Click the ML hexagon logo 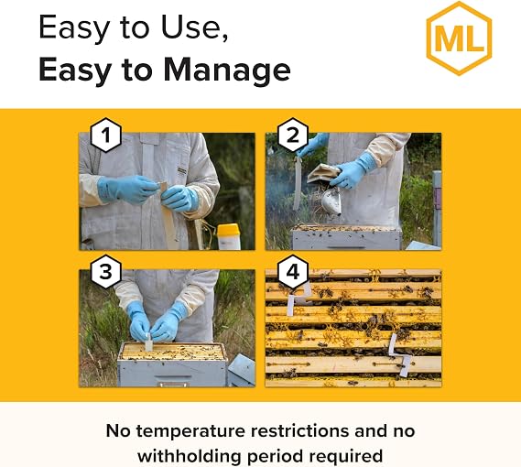[x=459, y=38]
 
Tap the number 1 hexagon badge [x=105, y=135]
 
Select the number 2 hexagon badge [x=293, y=135]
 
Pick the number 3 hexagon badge [x=105, y=272]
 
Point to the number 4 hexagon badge [x=293, y=272]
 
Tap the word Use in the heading [x=194, y=27]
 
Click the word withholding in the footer [x=189, y=456]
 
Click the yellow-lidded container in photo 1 [x=229, y=236]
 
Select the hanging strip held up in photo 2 [x=297, y=183]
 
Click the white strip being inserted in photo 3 [x=148, y=342]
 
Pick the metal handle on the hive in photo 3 [x=173, y=384]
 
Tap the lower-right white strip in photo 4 [x=401, y=355]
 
